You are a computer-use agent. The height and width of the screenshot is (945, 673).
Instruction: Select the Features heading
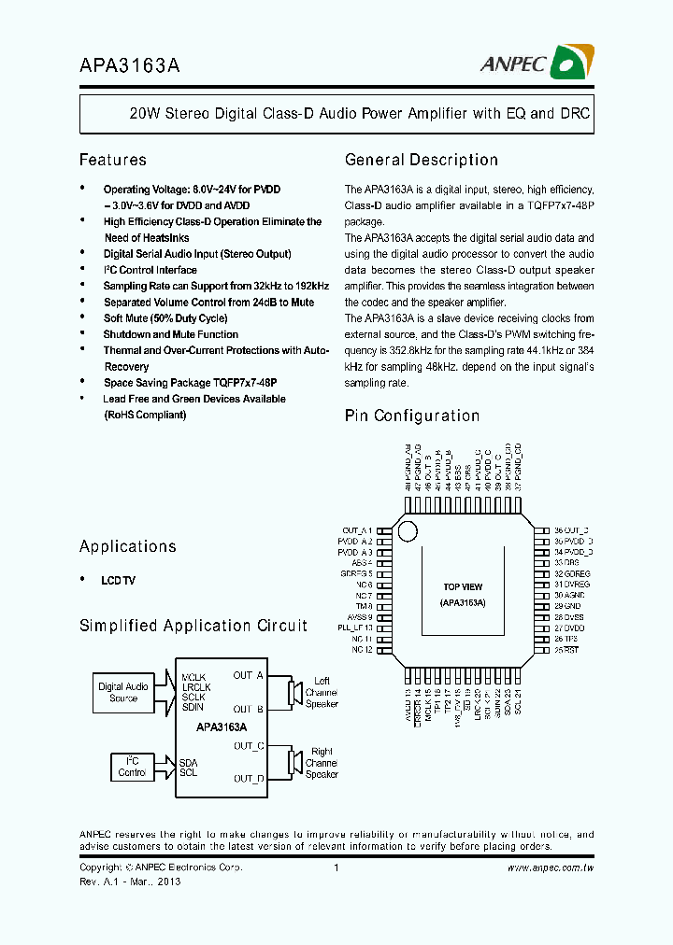click(x=112, y=160)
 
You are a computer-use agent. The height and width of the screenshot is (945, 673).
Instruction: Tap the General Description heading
click(x=421, y=160)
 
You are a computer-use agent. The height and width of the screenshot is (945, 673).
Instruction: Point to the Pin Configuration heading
click(x=411, y=416)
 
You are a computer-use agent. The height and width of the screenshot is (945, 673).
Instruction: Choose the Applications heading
click(x=127, y=546)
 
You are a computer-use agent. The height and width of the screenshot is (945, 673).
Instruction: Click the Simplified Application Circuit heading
click(x=193, y=626)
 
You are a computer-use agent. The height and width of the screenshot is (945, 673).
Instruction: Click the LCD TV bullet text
click(x=119, y=581)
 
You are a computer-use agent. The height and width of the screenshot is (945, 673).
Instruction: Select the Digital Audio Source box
click(x=123, y=692)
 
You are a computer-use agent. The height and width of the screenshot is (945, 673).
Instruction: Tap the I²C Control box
click(x=132, y=767)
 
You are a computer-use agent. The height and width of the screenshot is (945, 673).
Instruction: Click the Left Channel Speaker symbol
click(x=294, y=692)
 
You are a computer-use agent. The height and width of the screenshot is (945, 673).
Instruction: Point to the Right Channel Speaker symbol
click(x=294, y=763)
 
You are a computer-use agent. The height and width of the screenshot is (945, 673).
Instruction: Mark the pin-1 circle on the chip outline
click(x=407, y=531)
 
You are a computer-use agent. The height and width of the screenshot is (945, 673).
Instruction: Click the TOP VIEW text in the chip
click(x=463, y=587)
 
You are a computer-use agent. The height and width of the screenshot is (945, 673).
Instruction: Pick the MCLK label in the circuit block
click(x=193, y=676)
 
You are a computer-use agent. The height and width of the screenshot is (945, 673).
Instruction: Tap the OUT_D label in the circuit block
click(x=249, y=778)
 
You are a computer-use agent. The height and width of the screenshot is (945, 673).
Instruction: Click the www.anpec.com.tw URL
click(x=551, y=867)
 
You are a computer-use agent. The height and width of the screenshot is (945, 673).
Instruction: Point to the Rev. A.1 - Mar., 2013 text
click(x=130, y=882)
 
